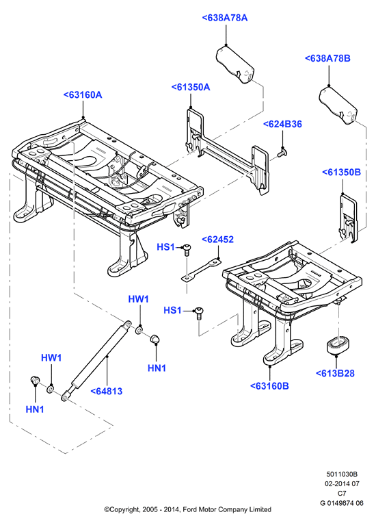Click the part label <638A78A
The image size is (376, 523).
pyautogui.click(x=225, y=18)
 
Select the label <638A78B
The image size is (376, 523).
pyautogui.click(x=327, y=58)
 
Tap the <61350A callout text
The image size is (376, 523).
pyautogui.click(x=191, y=88)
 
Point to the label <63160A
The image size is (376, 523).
pyautogui.click(x=83, y=95)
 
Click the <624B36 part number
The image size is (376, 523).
pyautogui.click(x=282, y=125)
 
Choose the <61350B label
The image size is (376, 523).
pyautogui.click(x=341, y=173)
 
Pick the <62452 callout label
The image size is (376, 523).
pyautogui.click(x=218, y=240)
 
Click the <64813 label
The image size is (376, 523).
pyautogui.click(x=107, y=391)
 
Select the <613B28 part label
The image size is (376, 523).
pyautogui.click(x=335, y=373)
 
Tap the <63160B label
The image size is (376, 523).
pyautogui.click(x=269, y=386)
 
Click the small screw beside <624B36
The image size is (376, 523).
pyautogui.click(x=282, y=153)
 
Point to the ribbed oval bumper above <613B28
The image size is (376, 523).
pyautogui.click(x=337, y=345)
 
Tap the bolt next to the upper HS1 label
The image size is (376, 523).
pyautogui.click(x=187, y=249)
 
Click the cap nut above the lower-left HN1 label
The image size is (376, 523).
pyautogui.click(x=35, y=380)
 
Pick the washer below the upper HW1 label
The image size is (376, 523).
pyautogui.click(x=139, y=330)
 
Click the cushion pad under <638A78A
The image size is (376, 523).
pyautogui.click(x=235, y=64)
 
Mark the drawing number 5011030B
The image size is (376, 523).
pyautogui.click(x=341, y=474)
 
